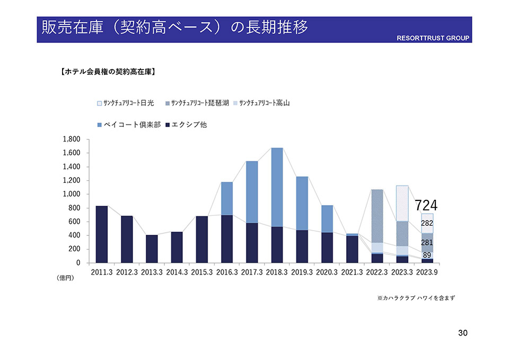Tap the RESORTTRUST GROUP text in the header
[x=433, y=39]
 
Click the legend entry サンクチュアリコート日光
[x=126, y=103]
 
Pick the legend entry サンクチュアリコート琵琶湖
[x=200, y=103]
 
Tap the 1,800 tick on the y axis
[x=71, y=139]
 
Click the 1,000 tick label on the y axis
[x=71, y=194]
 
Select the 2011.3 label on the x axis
[x=102, y=272]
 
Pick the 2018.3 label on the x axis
[x=277, y=272]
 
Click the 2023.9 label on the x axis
[x=427, y=272]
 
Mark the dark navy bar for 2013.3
[x=152, y=249]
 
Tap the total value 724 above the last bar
[x=426, y=205]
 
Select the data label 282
[x=427, y=224]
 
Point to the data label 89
[x=427, y=255]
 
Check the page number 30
[x=462, y=333]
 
